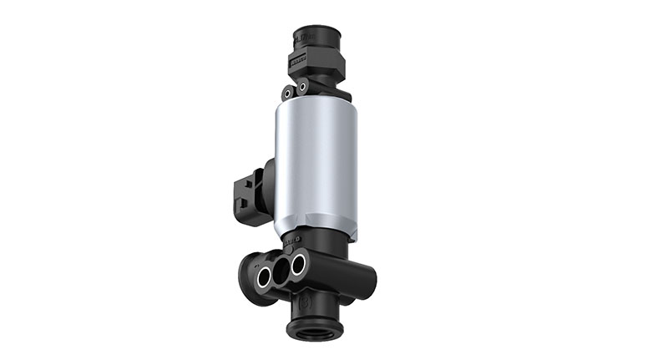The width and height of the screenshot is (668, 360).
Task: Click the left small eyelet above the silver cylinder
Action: (286, 93)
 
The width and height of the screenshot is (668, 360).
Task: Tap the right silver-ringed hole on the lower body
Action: (297, 266)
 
